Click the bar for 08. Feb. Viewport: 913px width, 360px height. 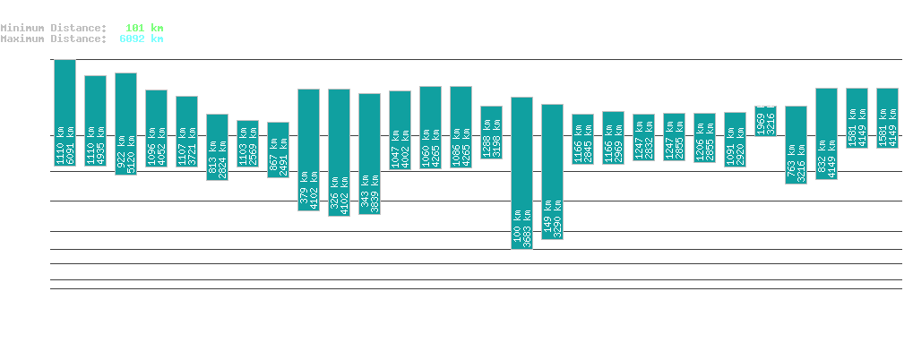pos(65,112)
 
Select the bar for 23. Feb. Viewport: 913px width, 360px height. pos(521,172)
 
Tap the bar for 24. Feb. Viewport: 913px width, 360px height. pos(552,172)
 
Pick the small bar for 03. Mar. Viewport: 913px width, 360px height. pos(765,121)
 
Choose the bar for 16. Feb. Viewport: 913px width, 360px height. pos(308,150)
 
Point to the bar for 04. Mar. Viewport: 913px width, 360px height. pos(796,144)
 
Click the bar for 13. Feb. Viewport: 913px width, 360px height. pos(217,147)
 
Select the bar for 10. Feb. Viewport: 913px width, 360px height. pos(125,124)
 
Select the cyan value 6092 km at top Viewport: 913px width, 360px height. pos(142,39)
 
